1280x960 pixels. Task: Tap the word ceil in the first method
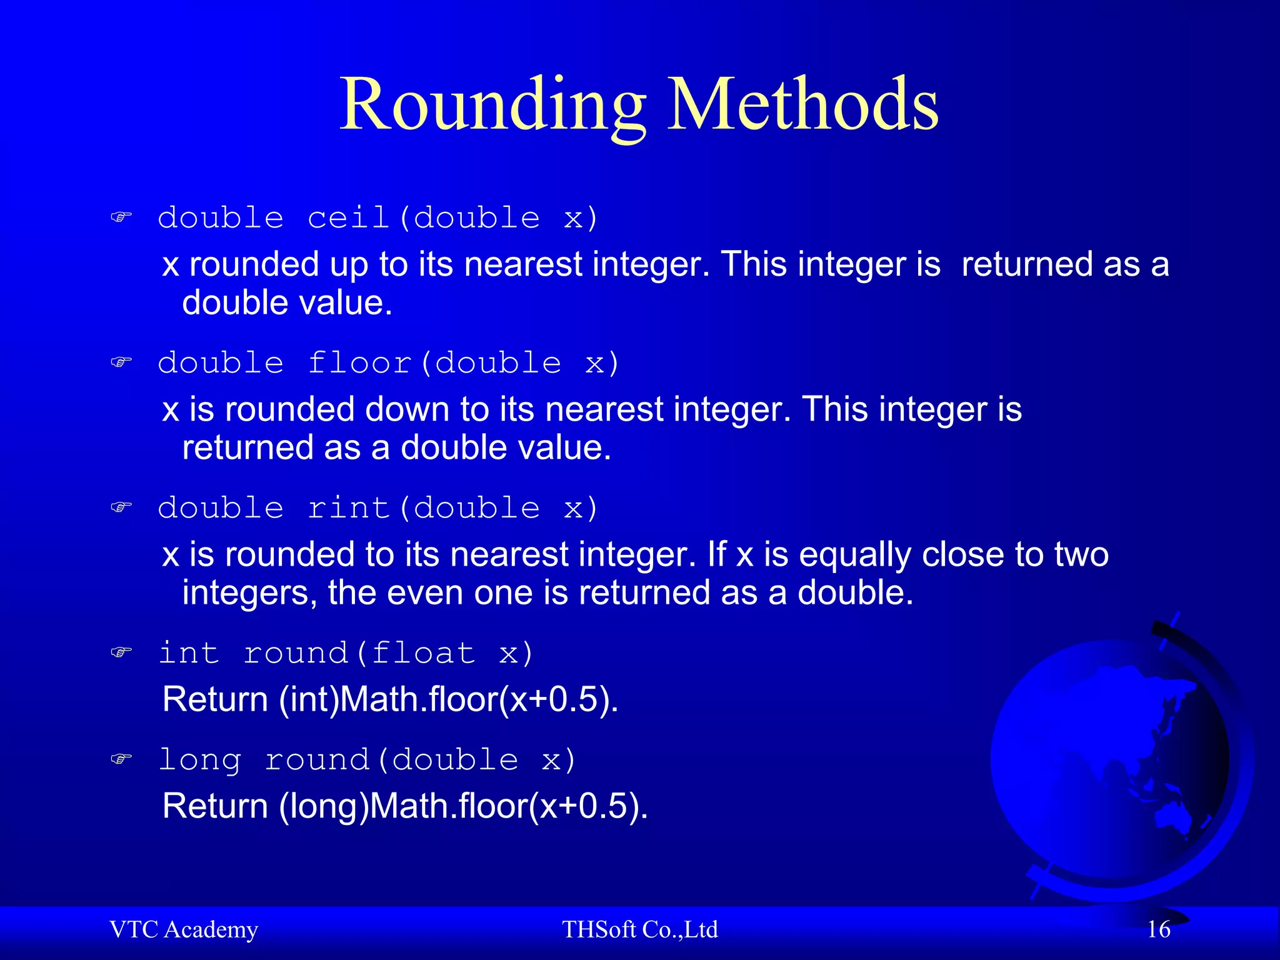point(349,218)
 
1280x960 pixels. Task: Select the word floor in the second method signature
point(360,363)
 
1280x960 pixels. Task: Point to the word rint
point(349,508)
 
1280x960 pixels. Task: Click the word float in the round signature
point(423,654)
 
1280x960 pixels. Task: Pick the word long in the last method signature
point(200,761)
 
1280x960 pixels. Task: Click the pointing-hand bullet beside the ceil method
point(121,217)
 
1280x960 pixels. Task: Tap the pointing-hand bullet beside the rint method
point(121,507)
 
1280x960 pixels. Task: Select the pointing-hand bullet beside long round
point(121,759)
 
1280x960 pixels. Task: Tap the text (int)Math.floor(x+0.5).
point(448,699)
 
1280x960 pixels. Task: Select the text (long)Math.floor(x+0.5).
point(463,806)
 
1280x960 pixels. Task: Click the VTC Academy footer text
point(184,930)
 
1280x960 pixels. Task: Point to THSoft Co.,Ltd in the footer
point(639,930)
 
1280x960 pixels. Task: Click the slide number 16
point(1158,930)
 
